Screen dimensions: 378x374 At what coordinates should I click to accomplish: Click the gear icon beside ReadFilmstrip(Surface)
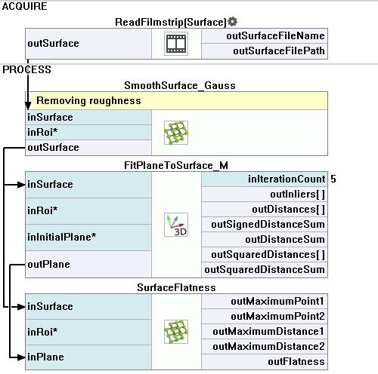click(232, 22)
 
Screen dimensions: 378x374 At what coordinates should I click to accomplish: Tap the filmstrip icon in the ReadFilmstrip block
click(176, 44)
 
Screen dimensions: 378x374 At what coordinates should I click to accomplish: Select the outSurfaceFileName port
click(275, 35)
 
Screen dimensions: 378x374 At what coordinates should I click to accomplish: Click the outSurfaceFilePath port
click(279, 51)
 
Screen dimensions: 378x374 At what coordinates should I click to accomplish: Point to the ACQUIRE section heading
click(24, 6)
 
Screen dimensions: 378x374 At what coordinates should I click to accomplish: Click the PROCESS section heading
click(26, 69)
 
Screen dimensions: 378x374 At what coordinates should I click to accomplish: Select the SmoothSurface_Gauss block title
click(180, 85)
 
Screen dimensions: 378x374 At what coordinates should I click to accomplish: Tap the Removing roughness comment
click(88, 100)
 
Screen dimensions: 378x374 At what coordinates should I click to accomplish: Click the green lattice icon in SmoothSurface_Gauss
click(176, 133)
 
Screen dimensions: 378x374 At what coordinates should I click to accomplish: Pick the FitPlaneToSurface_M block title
click(176, 165)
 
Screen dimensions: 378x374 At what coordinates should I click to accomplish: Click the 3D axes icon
click(176, 225)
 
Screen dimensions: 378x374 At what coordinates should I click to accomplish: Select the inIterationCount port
click(287, 179)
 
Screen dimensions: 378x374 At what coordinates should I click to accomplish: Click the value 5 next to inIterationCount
click(333, 179)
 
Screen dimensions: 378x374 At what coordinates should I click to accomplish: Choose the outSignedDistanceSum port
click(268, 224)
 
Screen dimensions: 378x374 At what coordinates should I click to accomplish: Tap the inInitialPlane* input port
click(62, 237)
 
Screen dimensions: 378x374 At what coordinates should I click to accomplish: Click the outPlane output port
click(48, 264)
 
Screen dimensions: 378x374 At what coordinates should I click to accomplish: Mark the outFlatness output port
click(296, 362)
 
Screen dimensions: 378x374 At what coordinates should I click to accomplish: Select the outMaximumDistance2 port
click(268, 347)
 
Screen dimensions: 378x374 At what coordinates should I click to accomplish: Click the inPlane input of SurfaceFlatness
click(45, 357)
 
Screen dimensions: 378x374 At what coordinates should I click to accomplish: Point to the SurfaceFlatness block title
click(176, 287)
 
